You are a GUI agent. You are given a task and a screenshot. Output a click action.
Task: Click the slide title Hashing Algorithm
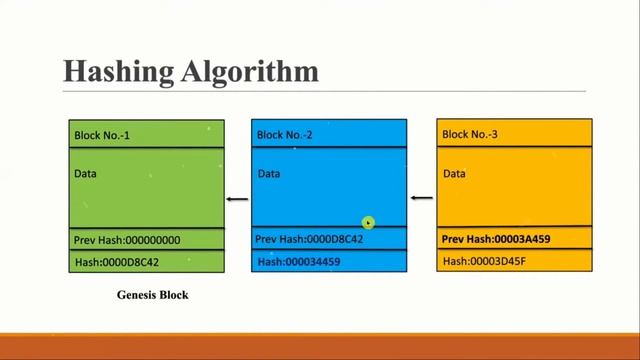click(191, 72)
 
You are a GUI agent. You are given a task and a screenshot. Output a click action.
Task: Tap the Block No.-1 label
click(103, 135)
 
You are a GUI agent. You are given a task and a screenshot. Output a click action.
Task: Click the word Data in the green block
click(85, 174)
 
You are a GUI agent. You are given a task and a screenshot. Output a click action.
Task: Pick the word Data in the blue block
click(268, 174)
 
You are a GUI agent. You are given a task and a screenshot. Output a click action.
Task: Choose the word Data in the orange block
click(454, 174)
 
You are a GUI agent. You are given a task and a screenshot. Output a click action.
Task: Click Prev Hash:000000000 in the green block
click(127, 240)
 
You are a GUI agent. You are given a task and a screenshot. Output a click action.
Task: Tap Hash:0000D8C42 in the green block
click(117, 263)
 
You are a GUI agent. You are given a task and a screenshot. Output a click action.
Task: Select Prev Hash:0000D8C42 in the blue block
click(309, 240)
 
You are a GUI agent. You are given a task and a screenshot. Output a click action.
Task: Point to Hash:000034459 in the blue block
click(299, 262)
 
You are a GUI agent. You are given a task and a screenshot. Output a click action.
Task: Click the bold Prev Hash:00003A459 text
click(496, 240)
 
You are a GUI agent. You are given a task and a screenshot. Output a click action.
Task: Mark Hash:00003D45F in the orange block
click(484, 262)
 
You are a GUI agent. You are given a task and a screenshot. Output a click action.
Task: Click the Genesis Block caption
click(152, 295)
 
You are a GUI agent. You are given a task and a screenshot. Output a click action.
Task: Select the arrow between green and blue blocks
click(236, 199)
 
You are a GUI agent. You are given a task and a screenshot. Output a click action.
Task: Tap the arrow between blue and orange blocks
click(421, 198)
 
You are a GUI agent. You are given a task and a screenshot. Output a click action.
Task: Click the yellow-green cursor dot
click(368, 224)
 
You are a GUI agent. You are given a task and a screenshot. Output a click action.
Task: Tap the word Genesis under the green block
click(137, 295)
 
